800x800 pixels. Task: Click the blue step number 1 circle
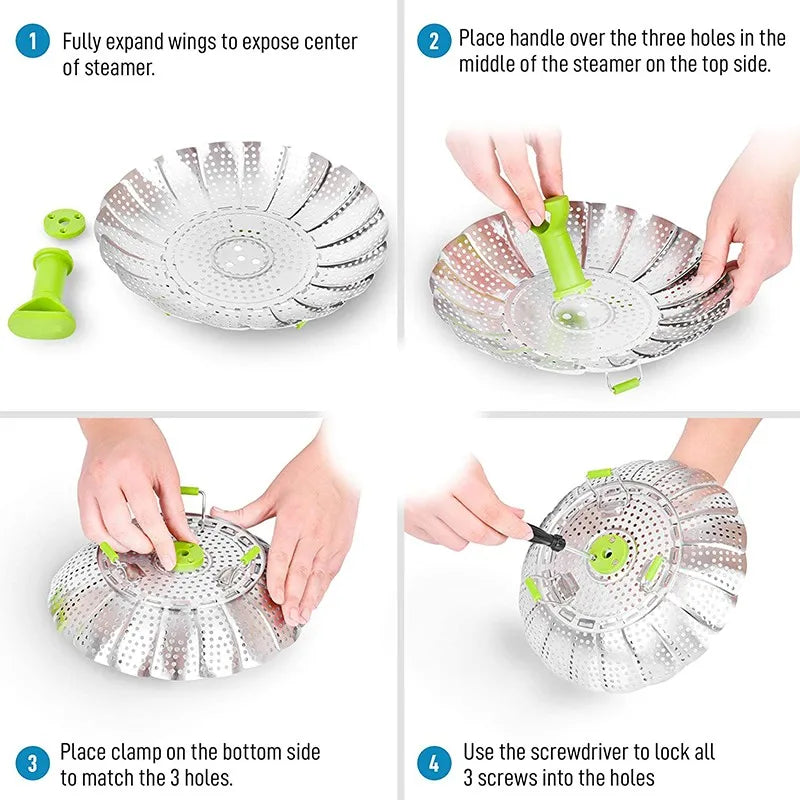pos(33,41)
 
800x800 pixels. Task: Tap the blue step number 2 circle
pos(433,41)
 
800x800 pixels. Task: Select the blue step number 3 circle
pos(33,764)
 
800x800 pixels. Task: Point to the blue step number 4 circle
pos(433,764)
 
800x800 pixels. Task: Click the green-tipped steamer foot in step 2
pos(626,384)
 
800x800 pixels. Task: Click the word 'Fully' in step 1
pos(83,42)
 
